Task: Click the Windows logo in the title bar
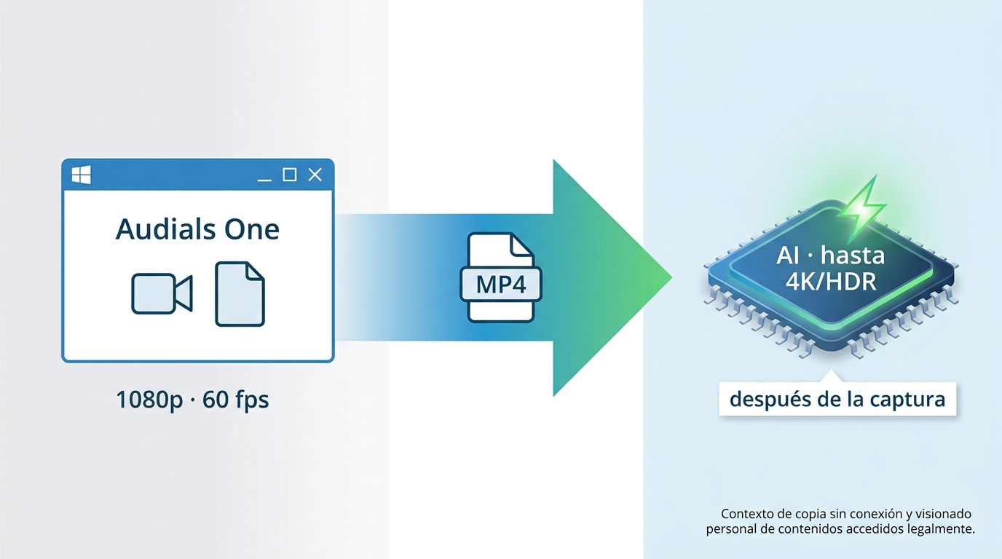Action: point(81,175)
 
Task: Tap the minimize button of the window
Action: point(264,180)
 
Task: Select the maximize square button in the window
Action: point(289,175)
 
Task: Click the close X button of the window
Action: point(315,175)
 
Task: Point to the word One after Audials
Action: point(252,230)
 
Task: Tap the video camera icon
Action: point(162,293)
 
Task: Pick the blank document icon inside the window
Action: point(240,294)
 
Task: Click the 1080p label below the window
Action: point(149,400)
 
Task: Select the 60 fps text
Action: point(236,400)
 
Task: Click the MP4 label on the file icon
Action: point(501,285)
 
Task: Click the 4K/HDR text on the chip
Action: point(831,282)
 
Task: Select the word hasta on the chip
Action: point(853,255)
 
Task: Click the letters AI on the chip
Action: point(788,256)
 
